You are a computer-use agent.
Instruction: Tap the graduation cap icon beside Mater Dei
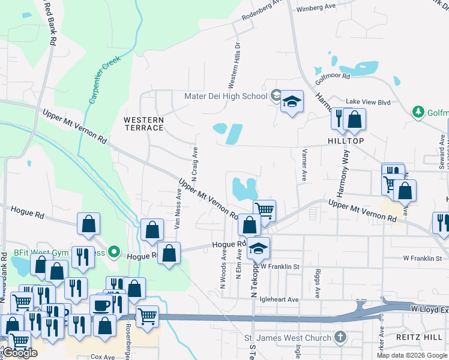coord(292,101)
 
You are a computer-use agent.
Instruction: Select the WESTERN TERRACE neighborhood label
coord(143,124)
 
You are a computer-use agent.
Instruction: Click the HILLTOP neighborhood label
coord(346,140)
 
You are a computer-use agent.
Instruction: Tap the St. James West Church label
coord(289,338)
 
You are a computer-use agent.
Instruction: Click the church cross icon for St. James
coord(340,337)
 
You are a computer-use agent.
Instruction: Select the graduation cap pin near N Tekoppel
coord(258,248)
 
